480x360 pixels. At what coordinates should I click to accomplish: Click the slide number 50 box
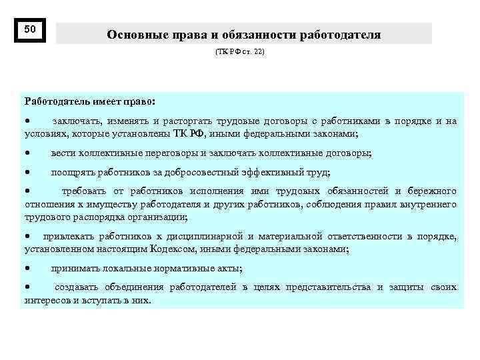tap(30, 30)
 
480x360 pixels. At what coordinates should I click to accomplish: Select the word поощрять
tap(71, 172)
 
